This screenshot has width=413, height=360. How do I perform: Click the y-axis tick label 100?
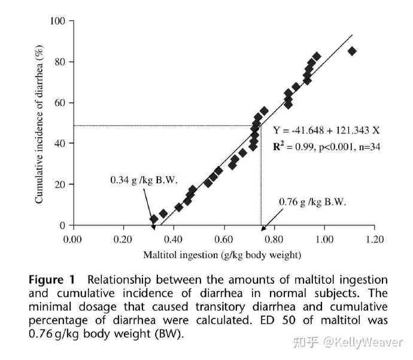pyautogui.click(x=58, y=22)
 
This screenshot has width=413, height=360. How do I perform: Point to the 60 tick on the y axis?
pyautogui.click(x=60, y=103)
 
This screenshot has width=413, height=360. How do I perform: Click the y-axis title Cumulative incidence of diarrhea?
pyautogui.click(x=40, y=123)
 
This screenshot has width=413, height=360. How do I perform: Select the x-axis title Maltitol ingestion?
pyautogui.click(x=222, y=255)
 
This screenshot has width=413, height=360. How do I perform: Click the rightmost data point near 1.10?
pyautogui.click(x=352, y=51)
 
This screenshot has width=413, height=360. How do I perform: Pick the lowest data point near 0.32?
pyautogui.click(x=154, y=219)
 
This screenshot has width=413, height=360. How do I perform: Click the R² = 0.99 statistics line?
pyautogui.click(x=326, y=146)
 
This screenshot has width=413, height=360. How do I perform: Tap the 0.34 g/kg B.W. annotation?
pyautogui.click(x=144, y=179)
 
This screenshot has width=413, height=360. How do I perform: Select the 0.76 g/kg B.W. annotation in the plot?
pyautogui.click(x=312, y=202)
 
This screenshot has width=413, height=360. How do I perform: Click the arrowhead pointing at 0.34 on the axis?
pyautogui.click(x=153, y=226)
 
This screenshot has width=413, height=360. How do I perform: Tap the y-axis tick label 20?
pyautogui.click(x=60, y=184)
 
